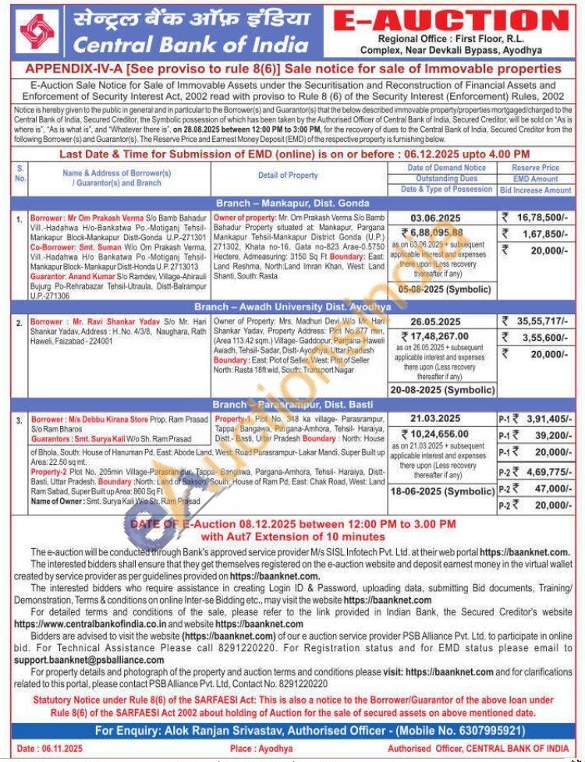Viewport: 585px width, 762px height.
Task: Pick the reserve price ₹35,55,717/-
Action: pyautogui.click(x=540, y=321)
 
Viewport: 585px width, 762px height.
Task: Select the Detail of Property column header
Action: pyautogui.click(x=289, y=175)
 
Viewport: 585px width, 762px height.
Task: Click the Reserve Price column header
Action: pyautogui.click(x=536, y=168)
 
